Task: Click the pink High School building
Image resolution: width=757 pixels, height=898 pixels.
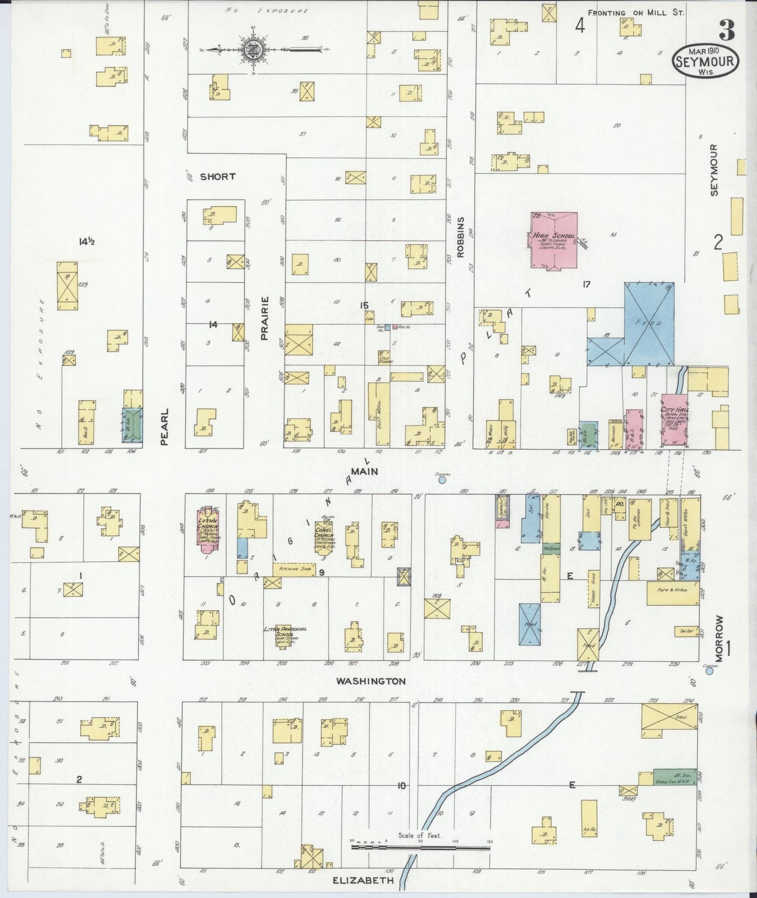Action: coord(554,241)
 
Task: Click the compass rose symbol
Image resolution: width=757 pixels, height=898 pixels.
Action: coord(253,50)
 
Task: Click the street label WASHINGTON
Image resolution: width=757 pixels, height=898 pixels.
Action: coord(371,681)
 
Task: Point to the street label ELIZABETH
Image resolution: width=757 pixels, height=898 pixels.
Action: coord(363,881)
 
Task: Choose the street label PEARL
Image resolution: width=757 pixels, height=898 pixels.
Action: coord(164,426)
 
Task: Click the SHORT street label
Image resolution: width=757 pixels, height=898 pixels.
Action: coord(217,177)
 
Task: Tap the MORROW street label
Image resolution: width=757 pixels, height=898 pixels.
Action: coord(718,639)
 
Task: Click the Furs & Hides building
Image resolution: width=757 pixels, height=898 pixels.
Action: coord(673,593)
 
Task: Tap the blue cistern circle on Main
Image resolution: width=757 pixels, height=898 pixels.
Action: coord(442,479)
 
